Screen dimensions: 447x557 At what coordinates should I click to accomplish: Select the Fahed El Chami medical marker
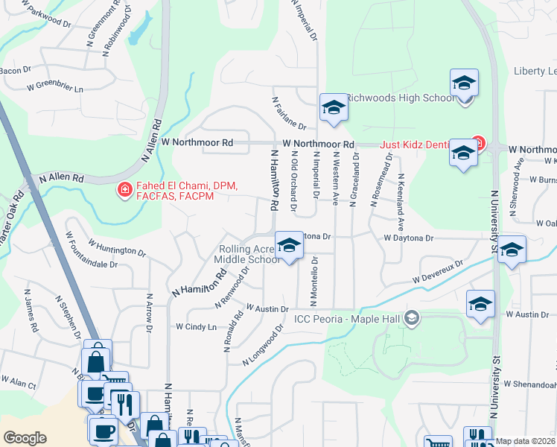(x=124, y=191)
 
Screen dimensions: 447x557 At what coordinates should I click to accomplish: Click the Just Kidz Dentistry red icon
(x=477, y=144)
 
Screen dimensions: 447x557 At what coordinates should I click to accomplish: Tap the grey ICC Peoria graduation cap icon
(x=411, y=320)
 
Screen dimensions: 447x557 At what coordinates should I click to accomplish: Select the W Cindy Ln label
(x=196, y=326)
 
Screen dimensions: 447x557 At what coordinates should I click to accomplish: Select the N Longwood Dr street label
(x=264, y=345)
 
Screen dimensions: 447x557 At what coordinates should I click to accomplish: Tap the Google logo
(x=25, y=437)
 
